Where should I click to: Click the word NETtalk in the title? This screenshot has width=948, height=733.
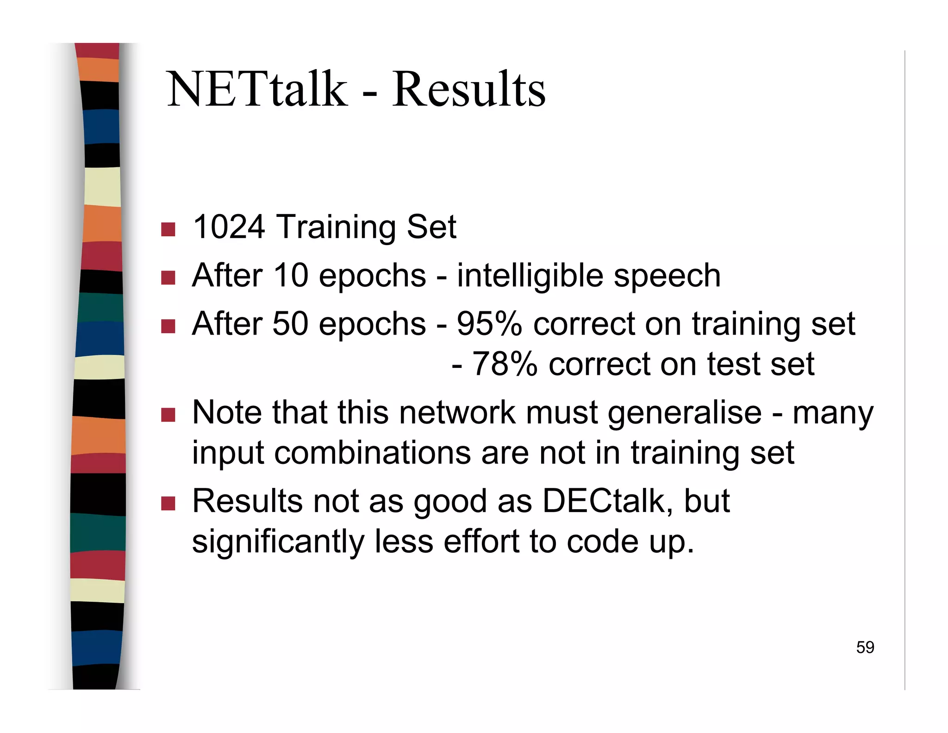click(257, 89)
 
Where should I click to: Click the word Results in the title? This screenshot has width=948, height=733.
click(468, 89)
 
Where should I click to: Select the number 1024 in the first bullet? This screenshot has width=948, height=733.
click(229, 227)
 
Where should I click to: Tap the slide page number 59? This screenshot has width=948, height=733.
click(865, 647)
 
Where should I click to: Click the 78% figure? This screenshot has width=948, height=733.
click(505, 364)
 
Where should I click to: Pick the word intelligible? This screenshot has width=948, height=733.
click(530, 276)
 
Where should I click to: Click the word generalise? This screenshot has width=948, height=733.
click(685, 412)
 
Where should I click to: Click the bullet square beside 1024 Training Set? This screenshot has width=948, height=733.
click(168, 229)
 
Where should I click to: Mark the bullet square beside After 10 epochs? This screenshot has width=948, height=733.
click(168, 278)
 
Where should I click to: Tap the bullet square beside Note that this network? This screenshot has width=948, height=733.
click(168, 415)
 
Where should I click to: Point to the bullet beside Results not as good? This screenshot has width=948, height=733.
click(168, 503)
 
